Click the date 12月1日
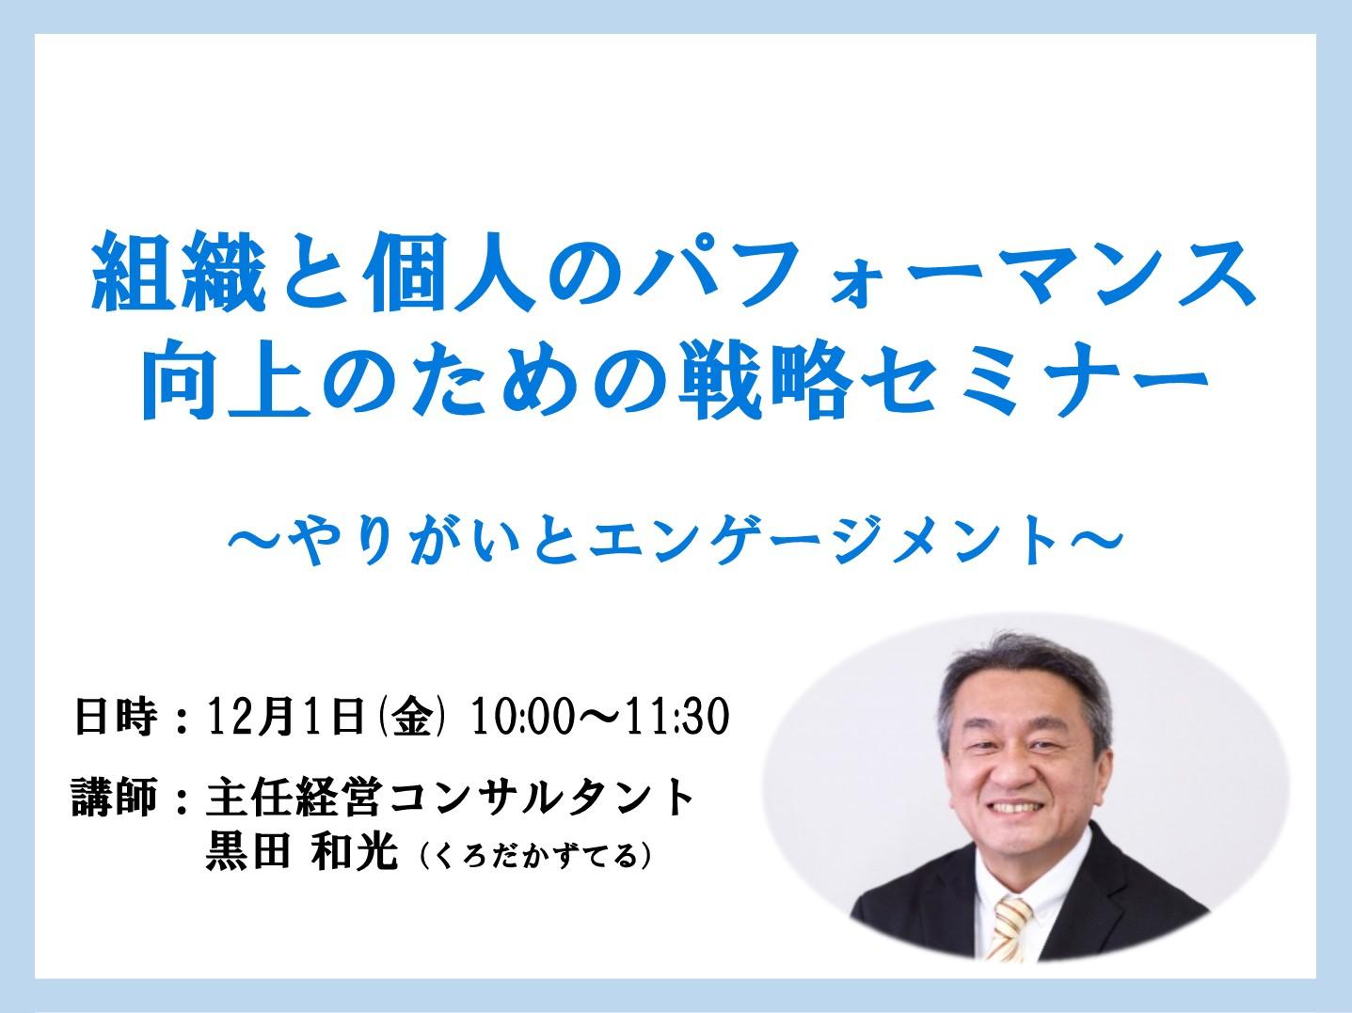click(x=286, y=716)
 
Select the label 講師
click(x=115, y=797)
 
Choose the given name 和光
click(x=355, y=850)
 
